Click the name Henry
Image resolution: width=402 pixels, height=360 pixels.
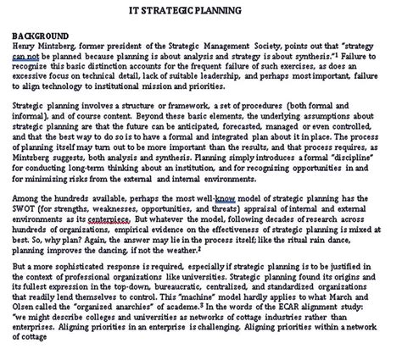tap(26, 45)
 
